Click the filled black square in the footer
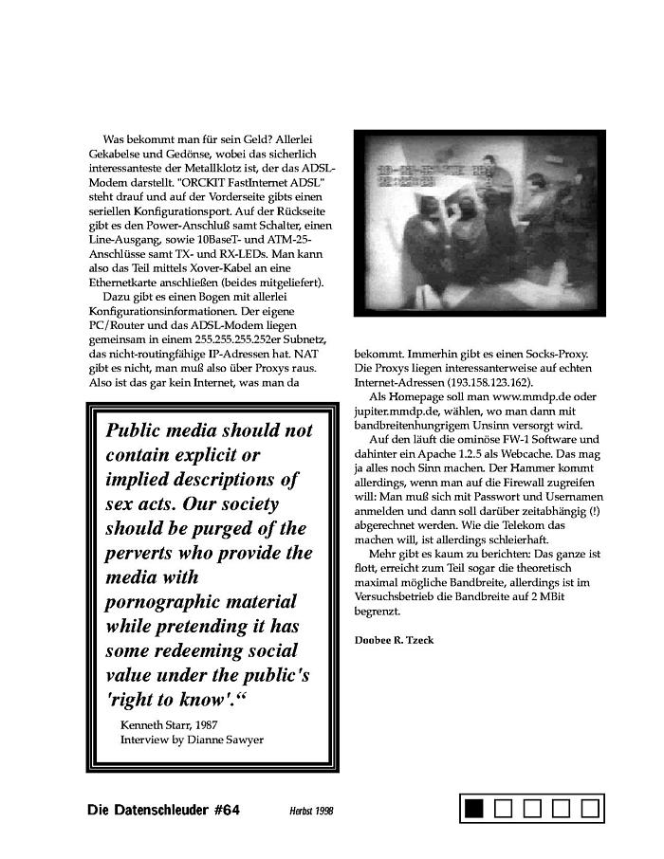[x=473, y=808]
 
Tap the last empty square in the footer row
[x=591, y=808]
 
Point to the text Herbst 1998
[x=312, y=812]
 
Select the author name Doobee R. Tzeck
[x=394, y=640]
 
